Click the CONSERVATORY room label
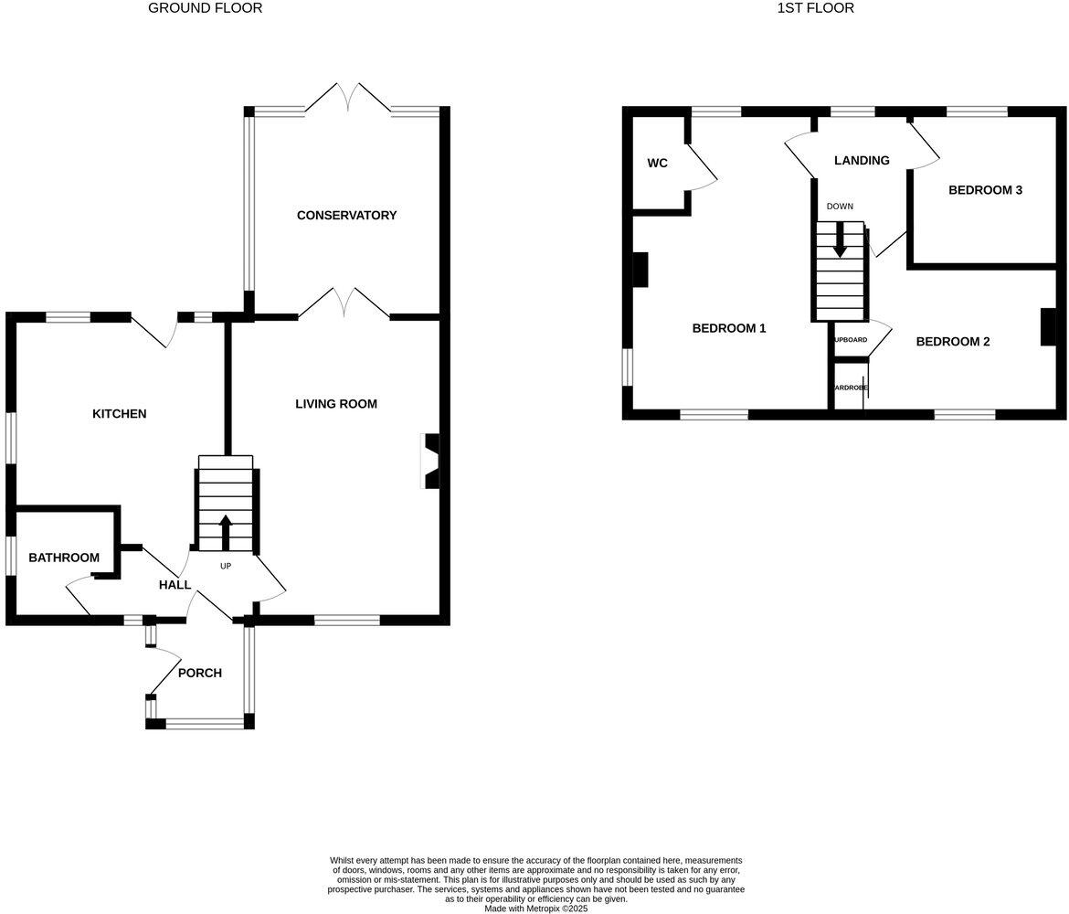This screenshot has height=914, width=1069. pyautogui.click(x=346, y=216)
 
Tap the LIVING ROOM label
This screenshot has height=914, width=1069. pyautogui.click(x=335, y=404)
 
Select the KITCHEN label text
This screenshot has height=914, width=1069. pyautogui.click(x=119, y=414)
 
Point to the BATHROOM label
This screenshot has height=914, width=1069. pyautogui.click(x=63, y=558)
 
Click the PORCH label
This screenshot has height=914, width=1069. pyautogui.click(x=199, y=674)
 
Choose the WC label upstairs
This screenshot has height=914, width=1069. pyautogui.click(x=657, y=164)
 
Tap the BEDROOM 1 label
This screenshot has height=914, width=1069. pyautogui.click(x=728, y=328)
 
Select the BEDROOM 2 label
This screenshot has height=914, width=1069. pyautogui.click(x=952, y=342)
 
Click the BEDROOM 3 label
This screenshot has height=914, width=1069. pyautogui.click(x=984, y=190)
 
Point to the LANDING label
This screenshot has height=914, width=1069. pyautogui.click(x=861, y=161)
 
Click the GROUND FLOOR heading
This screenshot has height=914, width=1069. pyautogui.click(x=205, y=8)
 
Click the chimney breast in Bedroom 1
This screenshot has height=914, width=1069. pyautogui.click(x=640, y=270)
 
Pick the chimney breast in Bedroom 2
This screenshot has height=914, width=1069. pyautogui.click(x=1047, y=327)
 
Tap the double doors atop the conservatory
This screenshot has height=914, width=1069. pyautogui.click(x=347, y=97)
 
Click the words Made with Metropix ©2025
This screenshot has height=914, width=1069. pyautogui.click(x=535, y=909)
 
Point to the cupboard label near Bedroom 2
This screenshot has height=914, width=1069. pyautogui.click(x=850, y=340)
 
